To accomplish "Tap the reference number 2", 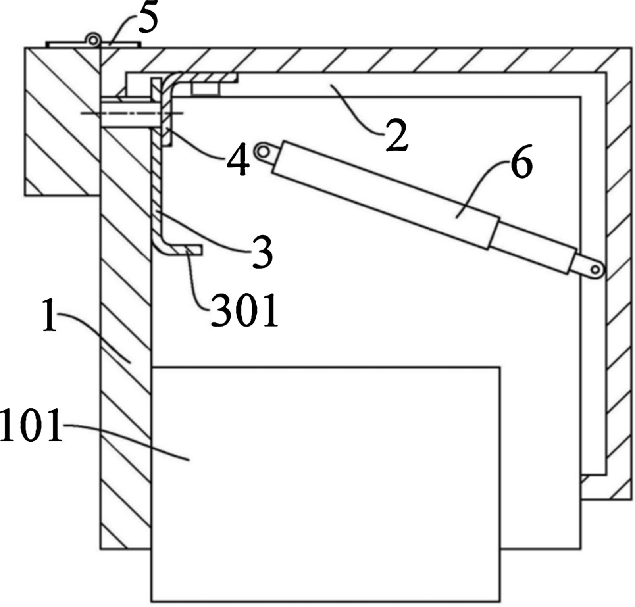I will pos(396,135).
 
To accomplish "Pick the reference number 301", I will pos(244,311).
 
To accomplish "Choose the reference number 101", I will pos(31,426).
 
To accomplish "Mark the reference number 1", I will pos(50,315).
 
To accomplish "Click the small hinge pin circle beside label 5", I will pos(93,40).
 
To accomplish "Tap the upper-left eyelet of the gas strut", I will pos(262,151).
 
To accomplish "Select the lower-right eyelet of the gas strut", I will pos(595,270).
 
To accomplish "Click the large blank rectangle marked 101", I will pos(325,484).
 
